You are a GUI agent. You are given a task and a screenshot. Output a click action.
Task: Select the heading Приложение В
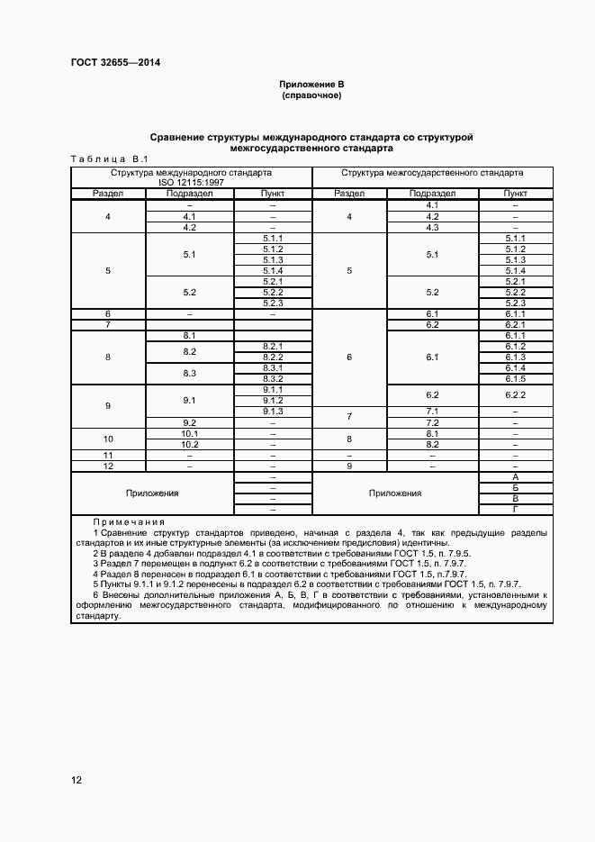pyautogui.click(x=311, y=85)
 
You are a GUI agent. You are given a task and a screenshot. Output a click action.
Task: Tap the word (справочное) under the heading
pyautogui.click(x=311, y=95)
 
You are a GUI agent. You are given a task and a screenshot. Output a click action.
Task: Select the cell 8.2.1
pyautogui.click(x=273, y=346)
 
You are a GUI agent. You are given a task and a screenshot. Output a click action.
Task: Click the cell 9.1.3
pyautogui.click(x=273, y=411)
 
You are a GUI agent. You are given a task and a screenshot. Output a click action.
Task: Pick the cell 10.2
pyautogui.click(x=189, y=444)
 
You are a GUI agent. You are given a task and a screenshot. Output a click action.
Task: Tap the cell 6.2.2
pyautogui.click(x=515, y=394)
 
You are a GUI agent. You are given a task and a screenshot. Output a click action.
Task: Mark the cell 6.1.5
pyautogui.click(x=515, y=378)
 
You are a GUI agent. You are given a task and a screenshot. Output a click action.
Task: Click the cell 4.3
pyautogui.click(x=431, y=227)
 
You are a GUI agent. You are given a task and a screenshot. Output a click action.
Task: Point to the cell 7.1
pyautogui.click(x=431, y=411)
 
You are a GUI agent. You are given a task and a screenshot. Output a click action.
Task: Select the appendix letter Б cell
pyautogui.click(x=515, y=487)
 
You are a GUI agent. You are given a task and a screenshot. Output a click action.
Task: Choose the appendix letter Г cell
pyautogui.click(x=515, y=509)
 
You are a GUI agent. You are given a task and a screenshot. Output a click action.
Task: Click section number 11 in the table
pyautogui.click(x=108, y=455)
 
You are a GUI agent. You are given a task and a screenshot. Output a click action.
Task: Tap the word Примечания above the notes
pyautogui.click(x=129, y=522)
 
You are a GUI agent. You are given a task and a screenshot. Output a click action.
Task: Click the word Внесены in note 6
pyautogui.click(x=125, y=595)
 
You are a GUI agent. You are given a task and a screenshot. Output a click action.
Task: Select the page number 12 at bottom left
pyautogui.click(x=77, y=780)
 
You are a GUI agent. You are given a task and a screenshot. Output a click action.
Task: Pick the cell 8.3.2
pyautogui.click(x=273, y=378)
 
